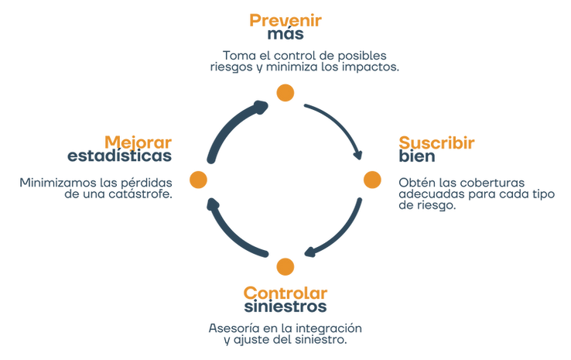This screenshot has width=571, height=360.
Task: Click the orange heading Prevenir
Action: click(285, 19)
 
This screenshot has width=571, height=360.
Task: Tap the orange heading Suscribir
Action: click(436, 142)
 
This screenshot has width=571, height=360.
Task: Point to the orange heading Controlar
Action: click(285, 291)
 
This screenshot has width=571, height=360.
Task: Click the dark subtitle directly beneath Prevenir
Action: click(285, 36)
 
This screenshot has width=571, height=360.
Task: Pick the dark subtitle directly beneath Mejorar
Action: click(119, 157)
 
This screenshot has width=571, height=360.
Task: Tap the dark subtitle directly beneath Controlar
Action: click(285, 307)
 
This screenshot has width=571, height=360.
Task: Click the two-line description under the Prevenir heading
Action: click(303, 61)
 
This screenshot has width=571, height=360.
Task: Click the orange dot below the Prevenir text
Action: click(285, 94)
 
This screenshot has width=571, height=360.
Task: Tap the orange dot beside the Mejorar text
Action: click(199, 180)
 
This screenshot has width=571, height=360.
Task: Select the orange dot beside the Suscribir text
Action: click(372, 180)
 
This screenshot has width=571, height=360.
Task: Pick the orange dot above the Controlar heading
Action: click(285, 266)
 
